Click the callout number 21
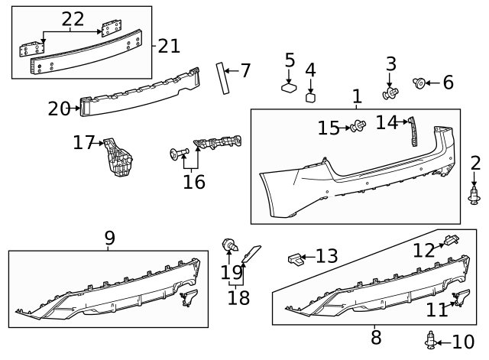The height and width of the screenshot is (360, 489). click(x=169, y=46)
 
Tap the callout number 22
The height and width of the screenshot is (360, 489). click(x=73, y=18)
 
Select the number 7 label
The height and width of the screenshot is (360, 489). click(x=245, y=71)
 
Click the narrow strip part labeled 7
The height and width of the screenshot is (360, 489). click(x=224, y=78)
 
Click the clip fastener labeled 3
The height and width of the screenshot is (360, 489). click(x=391, y=93)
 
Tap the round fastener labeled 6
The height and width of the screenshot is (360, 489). click(x=419, y=82)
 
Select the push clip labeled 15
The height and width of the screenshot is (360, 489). click(x=357, y=127)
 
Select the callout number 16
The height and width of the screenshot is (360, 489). click(x=194, y=181)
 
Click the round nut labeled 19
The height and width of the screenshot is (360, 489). click(x=228, y=246)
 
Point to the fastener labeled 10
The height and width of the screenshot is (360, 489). click(x=432, y=340)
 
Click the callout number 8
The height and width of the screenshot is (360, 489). click(x=376, y=337)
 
